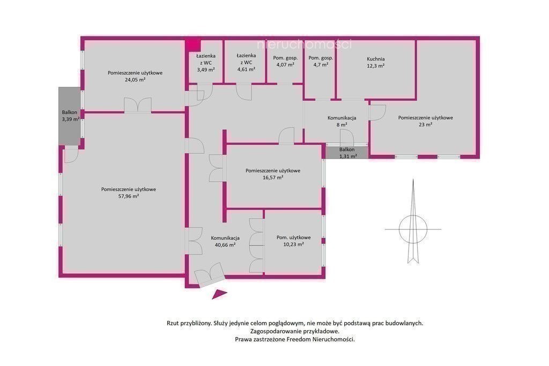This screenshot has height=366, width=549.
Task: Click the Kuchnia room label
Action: [x=376, y=59]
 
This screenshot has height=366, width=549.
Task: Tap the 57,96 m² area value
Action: [x=129, y=196]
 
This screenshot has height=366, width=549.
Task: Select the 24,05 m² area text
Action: [x=135, y=79]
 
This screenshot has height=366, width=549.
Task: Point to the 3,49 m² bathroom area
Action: [x=206, y=69]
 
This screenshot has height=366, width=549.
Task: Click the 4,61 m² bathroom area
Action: [x=246, y=69]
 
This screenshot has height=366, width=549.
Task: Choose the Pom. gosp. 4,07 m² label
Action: [x=285, y=61]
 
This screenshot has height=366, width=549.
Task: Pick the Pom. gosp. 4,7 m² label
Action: [x=321, y=61]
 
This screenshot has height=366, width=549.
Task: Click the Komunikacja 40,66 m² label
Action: [x=225, y=242]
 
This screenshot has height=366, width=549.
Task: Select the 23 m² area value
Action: [x=425, y=124]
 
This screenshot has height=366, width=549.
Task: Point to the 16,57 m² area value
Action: [x=273, y=177]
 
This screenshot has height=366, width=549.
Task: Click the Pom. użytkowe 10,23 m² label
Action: [x=293, y=241]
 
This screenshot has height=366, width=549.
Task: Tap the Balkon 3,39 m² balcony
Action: [x=69, y=116]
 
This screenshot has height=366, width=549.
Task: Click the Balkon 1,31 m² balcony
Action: [x=347, y=153]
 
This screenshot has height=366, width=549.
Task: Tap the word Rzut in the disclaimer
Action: [x=173, y=323]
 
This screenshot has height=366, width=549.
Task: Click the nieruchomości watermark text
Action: [x=305, y=44]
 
